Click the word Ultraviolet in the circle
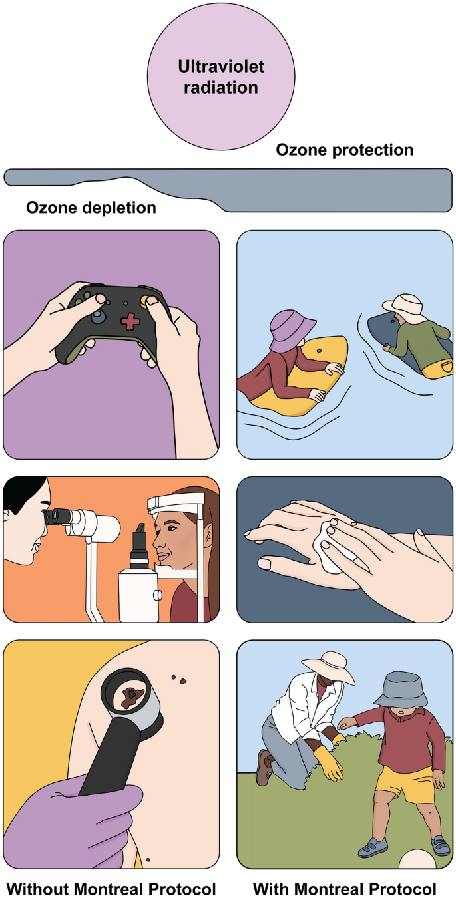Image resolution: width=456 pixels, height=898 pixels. point(221,67)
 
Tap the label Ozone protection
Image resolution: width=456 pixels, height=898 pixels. point(345,150)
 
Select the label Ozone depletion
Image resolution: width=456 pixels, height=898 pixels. point(91,208)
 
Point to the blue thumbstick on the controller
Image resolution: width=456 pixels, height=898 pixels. point(99,317)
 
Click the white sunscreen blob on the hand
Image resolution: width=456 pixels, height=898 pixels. point(327,547)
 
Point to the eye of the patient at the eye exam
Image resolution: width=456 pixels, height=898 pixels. point(172,528)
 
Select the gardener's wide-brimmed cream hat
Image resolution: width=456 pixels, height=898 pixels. point(329,666)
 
